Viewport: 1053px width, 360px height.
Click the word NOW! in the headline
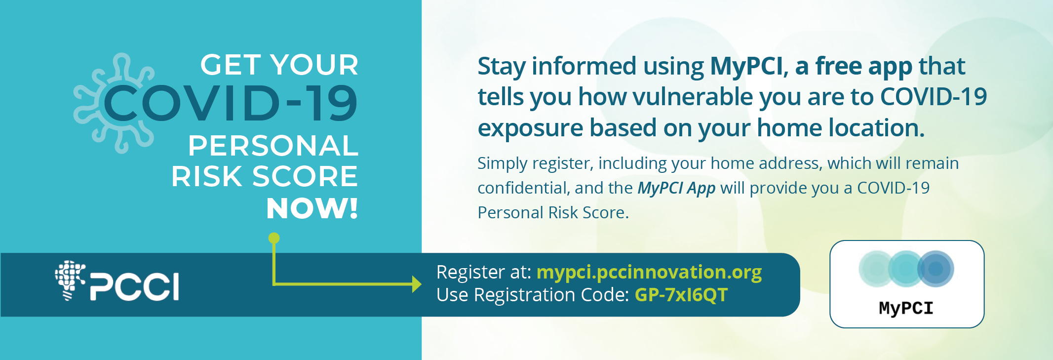312,208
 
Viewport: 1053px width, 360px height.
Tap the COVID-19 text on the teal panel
230,103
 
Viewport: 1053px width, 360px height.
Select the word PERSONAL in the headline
273,146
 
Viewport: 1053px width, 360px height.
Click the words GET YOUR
279,65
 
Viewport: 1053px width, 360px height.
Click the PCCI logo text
134,286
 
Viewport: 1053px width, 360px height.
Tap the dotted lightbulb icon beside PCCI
70,280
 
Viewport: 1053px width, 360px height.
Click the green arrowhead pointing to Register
417,284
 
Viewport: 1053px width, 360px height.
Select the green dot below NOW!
274,239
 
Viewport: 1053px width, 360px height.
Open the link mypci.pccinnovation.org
649,273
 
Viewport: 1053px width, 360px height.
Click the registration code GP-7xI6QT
681,295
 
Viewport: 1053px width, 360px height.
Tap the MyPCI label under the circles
906,308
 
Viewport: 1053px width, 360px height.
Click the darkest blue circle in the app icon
936,269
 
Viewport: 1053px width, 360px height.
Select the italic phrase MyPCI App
676,188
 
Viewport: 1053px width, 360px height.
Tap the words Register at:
484,272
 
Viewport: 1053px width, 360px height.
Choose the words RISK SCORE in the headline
265,177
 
